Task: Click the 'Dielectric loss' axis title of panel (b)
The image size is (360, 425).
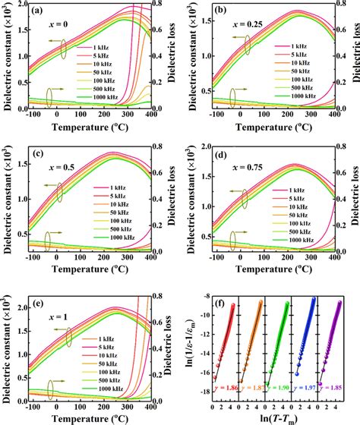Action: click(x=354, y=62)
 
